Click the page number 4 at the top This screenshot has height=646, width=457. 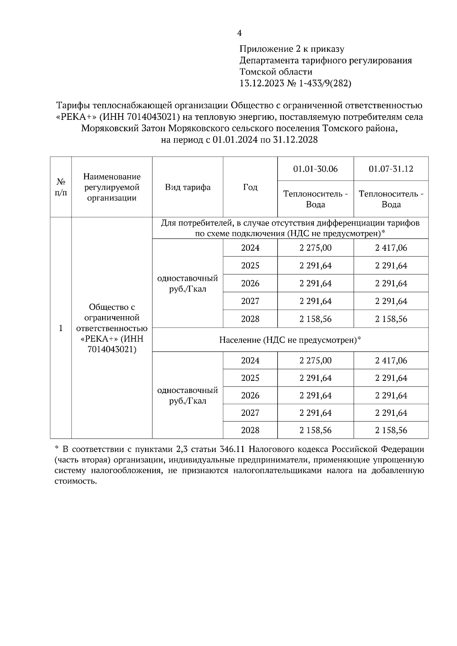(239, 33)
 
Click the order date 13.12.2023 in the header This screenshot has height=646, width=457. (262, 83)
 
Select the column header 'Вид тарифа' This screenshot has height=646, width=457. (187, 187)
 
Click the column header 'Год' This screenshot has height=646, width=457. (250, 187)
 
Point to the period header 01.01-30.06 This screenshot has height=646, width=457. (315, 169)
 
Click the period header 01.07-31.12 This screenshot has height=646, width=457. (391, 169)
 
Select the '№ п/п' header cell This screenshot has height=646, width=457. (61, 187)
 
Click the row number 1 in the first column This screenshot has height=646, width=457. (61, 328)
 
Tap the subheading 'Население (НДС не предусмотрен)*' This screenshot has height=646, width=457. (290, 340)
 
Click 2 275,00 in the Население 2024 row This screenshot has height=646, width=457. (315, 360)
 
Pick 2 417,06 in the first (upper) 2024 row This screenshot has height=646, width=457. (391, 248)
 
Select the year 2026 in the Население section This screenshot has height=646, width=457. (250, 395)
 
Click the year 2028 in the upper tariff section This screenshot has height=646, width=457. (250, 319)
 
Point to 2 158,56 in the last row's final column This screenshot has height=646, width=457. (391, 430)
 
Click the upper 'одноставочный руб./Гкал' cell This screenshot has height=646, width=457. (187, 283)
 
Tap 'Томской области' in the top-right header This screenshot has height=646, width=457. (276, 72)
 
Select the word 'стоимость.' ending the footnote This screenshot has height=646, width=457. (74, 481)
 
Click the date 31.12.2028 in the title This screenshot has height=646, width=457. (296, 140)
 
